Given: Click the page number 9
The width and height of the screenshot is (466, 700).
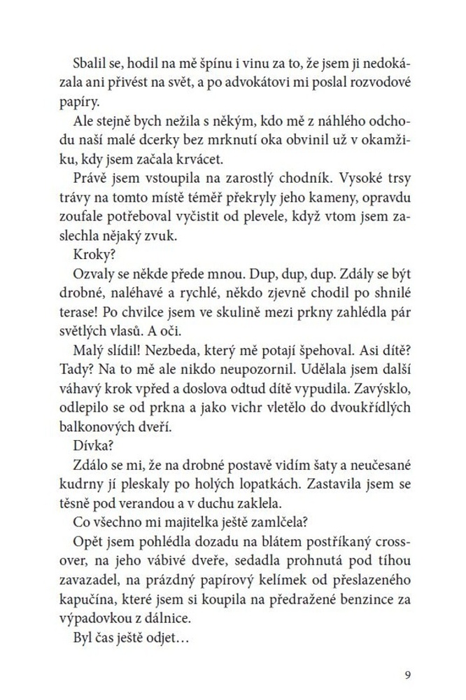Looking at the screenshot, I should (x=407, y=675).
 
